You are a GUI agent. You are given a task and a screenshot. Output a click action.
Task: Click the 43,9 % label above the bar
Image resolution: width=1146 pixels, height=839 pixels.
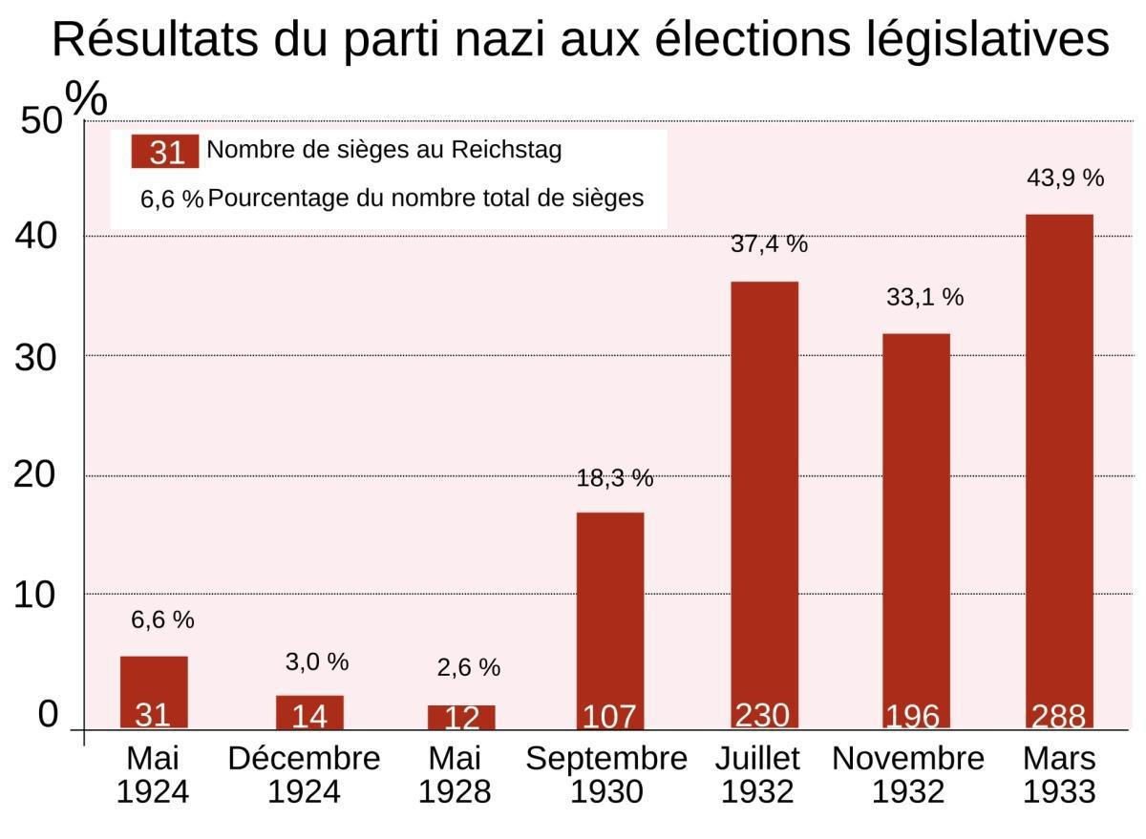pyautogui.click(x=1065, y=178)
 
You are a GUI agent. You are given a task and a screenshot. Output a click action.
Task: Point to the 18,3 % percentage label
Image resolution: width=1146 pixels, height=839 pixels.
pyautogui.click(x=614, y=478)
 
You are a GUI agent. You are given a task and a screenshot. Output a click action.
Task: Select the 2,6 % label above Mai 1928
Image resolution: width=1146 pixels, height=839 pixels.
pyautogui.click(x=468, y=667)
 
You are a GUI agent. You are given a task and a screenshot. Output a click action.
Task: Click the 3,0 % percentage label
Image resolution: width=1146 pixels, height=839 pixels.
pyautogui.click(x=317, y=661)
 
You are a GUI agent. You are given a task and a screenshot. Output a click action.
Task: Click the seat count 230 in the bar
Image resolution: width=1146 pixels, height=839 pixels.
pyautogui.click(x=763, y=715)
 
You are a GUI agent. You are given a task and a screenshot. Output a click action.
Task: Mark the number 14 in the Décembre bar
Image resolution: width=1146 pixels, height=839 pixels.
pyautogui.click(x=309, y=717)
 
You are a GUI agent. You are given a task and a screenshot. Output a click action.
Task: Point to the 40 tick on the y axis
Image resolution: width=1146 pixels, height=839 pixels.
pyautogui.click(x=36, y=237)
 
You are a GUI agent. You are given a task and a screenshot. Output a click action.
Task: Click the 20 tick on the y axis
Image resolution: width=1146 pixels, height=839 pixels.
pyautogui.click(x=36, y=475)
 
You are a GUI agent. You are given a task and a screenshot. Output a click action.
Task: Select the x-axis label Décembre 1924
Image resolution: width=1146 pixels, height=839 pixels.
pyautogui.click(x=304, y=775)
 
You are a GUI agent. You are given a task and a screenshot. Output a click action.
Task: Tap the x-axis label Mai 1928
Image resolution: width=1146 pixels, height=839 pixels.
pyautogui.click(x=456, y=775)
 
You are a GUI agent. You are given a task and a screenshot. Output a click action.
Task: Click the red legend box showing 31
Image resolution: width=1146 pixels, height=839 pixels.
pyautogui.click(x=165, y=152)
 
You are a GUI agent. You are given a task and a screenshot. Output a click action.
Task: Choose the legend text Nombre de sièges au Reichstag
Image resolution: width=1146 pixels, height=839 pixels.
pyautogui.click(x=384, y=150)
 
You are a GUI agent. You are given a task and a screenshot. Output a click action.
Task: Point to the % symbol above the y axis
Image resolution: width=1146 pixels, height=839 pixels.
pyautogui.click(x=86, y=99)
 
